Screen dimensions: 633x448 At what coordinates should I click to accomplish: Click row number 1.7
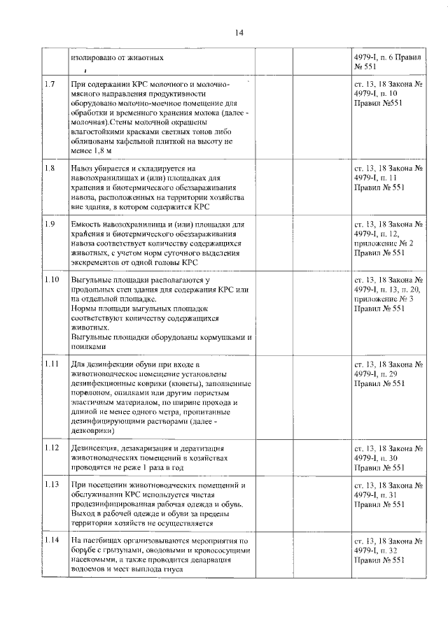pos(50,85)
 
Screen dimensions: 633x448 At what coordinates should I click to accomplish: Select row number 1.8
pos(50,169)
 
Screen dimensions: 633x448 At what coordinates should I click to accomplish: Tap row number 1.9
pos(50,224)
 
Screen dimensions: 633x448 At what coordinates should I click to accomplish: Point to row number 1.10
pos(52,280)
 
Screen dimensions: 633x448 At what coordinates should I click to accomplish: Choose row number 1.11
pos(52,364)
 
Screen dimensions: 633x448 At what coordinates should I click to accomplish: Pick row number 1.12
pos(52,448)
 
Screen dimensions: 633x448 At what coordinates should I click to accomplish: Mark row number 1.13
pos(52,485)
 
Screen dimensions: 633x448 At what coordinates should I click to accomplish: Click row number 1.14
pos(52,541)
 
